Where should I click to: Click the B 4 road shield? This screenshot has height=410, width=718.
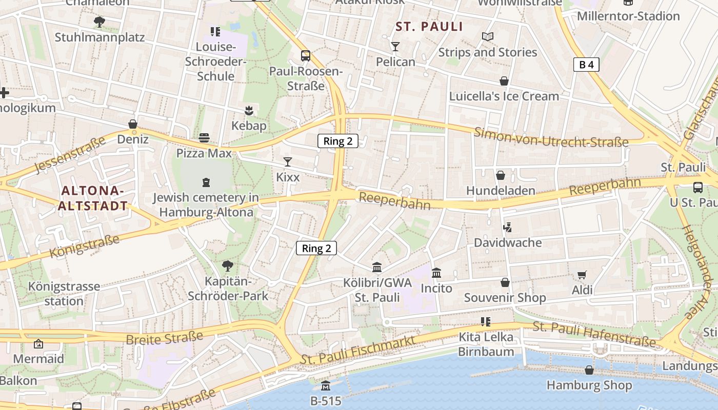point(586,65)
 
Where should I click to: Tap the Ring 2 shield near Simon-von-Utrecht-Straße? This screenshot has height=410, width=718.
point(337,141)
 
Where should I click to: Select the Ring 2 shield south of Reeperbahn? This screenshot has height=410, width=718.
point(316,249)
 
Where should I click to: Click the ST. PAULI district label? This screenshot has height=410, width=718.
point(429,27)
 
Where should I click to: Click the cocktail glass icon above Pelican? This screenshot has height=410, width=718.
point(395,47)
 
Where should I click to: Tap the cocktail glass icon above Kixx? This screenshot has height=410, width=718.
point(287,162)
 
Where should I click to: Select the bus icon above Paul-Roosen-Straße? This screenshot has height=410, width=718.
point(306,56)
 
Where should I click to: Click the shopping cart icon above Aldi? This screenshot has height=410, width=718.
point(582,275)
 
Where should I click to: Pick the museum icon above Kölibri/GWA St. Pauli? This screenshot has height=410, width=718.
point(377,267)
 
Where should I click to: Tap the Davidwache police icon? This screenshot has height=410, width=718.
point(508,227)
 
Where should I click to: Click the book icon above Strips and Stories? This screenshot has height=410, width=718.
point(487,37)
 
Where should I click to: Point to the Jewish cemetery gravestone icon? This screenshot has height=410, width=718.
point(206,182)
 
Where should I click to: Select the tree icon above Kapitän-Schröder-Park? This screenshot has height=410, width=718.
point(227,266)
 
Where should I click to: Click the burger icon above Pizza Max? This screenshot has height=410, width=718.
point(204,137)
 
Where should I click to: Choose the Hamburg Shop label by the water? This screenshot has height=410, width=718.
point(589,385)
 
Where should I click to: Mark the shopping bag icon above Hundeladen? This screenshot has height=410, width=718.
point(501,176)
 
